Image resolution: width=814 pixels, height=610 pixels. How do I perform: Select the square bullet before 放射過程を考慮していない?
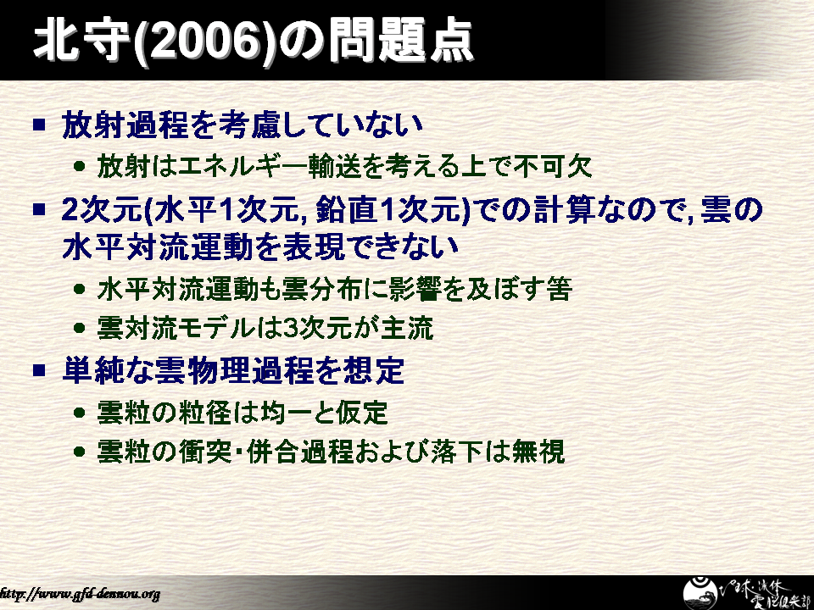39,125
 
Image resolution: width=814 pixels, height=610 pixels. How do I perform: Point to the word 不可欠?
554,167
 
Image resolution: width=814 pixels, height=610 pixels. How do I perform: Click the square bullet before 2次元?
39,209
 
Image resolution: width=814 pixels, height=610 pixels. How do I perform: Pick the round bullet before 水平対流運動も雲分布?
80,289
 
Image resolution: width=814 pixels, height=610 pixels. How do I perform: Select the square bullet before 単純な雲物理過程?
39,370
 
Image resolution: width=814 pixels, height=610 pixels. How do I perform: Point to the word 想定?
373,370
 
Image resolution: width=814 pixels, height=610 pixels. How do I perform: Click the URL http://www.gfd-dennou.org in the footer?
79,593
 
